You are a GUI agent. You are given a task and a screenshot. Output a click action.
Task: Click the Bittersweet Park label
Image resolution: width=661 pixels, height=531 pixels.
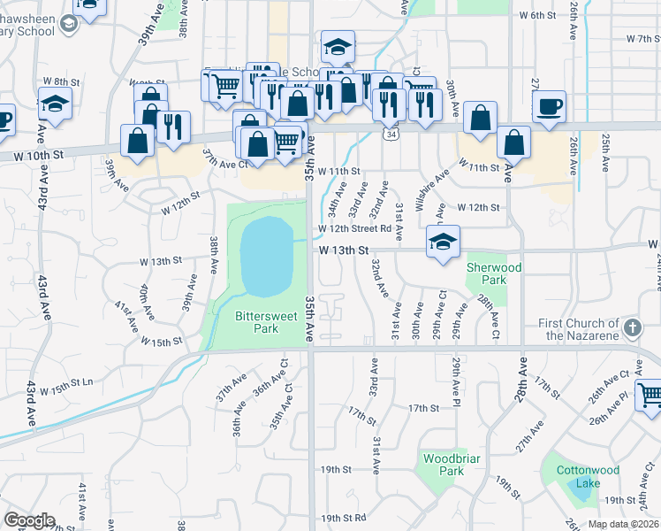click(257, 322)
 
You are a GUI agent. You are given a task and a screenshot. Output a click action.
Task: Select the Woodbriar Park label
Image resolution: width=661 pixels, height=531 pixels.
click(444, 465)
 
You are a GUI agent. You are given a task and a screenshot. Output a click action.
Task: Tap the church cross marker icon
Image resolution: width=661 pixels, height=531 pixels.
click(631, 329)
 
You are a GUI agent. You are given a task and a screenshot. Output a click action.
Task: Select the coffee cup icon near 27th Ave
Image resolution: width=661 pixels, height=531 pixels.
click(549, 106)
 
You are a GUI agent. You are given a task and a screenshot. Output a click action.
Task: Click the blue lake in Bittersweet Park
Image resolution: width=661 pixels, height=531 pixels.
click(267, 257)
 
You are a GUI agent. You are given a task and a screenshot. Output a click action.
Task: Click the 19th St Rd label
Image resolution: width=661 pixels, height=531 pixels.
click(343, 518)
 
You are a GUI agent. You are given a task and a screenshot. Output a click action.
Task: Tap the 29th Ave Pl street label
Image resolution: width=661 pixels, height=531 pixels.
click(456, 378)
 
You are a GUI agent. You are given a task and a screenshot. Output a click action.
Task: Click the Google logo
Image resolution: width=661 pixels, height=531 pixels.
click(29, 519)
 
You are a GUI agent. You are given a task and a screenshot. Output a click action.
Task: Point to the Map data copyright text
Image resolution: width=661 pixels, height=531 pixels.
click(622, 524)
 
